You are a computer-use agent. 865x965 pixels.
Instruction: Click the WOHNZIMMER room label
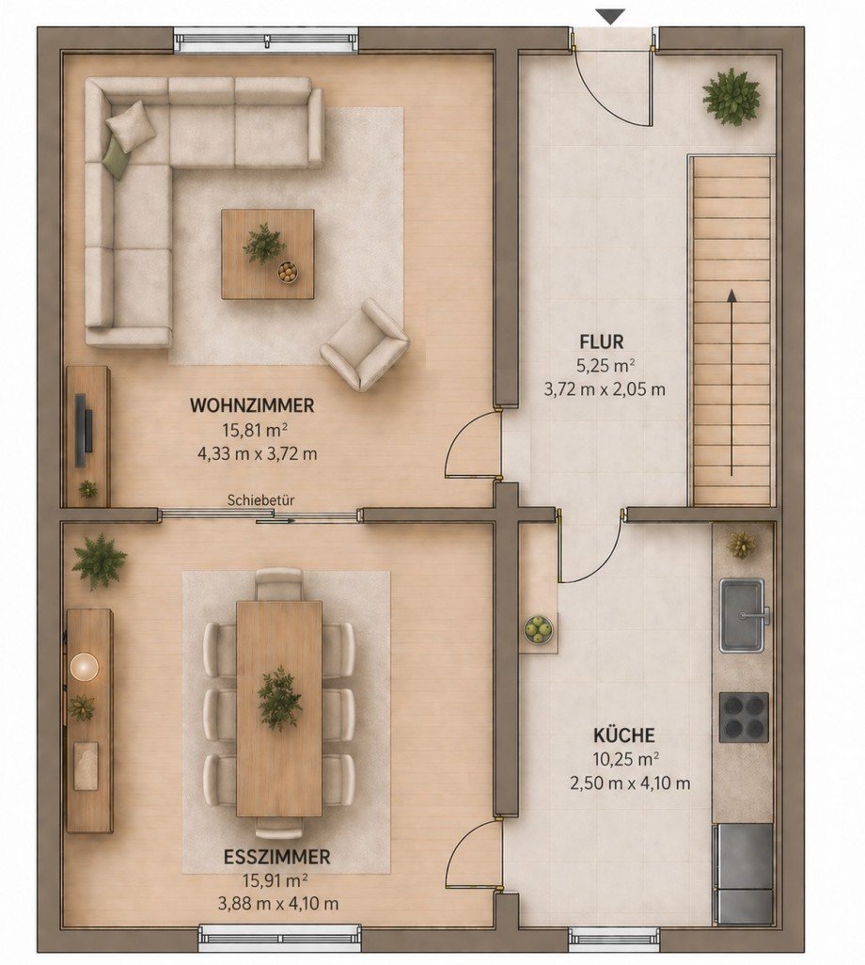pos(252,405)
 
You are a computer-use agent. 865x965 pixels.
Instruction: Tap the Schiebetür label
pos(260,500)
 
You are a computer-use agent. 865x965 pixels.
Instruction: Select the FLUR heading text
pos(602,341)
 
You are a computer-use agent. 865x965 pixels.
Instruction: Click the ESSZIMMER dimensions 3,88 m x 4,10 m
pos(278,904)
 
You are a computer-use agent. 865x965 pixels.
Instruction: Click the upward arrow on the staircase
pos(731,383)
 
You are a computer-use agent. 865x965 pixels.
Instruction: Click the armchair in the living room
pos(364,345)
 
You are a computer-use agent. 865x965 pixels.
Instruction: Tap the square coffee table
pos(268,254)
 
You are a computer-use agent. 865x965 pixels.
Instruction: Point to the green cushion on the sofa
pos(118,158)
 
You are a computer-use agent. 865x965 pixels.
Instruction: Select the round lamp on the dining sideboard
pos(85,667)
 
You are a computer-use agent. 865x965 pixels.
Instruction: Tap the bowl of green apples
pos(539,629)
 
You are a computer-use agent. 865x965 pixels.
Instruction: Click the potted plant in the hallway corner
pos(731,97)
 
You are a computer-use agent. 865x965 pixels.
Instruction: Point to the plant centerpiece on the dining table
pos(279,698)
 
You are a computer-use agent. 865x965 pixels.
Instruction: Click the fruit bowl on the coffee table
pos(288,272)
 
